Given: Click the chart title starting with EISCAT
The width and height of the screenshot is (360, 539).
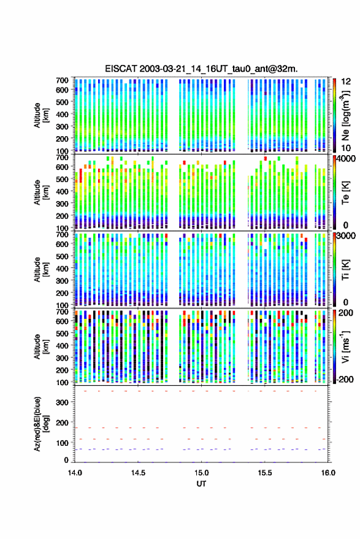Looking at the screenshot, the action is (x=201, y=69).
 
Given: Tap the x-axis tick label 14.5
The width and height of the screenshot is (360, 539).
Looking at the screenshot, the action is (x=138, y=473).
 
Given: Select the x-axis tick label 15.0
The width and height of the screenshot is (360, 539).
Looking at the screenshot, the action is (x=201, y=473).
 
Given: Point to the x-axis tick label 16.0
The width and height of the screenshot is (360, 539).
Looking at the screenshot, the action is (x=328, y=473).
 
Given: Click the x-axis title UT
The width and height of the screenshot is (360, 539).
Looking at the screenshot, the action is (x=201, y=484).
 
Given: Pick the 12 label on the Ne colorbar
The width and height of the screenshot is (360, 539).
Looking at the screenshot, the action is (x=346, y=82).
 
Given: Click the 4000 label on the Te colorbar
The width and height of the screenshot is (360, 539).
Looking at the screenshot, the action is (x=347, y=159).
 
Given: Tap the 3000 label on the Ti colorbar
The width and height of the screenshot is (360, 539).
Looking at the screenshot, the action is (x=347, y=236).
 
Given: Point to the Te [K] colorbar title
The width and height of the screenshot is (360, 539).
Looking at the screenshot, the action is (x=346, y=193).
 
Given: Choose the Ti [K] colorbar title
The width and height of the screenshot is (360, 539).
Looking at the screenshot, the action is (x=346, y=270).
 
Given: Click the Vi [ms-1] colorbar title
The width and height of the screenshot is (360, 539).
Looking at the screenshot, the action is (x=346, y=346).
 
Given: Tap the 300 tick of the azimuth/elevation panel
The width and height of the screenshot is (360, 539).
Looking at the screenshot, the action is (x=62, y=402).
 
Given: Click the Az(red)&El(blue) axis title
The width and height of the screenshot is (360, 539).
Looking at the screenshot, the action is (x=41, y=424).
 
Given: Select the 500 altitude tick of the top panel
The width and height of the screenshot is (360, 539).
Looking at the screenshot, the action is (x=62, y=102).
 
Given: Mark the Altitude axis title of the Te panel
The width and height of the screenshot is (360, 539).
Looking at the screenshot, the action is (x=41, y=193).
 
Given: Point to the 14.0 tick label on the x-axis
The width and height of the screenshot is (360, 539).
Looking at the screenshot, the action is (x=75, y=473).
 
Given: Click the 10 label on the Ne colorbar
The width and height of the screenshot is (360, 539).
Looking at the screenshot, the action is (x=346, y=148).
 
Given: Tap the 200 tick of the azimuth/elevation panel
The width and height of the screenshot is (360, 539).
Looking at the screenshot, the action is (x=62, y=422).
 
